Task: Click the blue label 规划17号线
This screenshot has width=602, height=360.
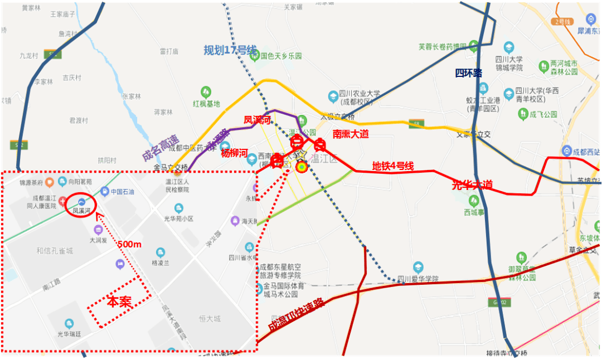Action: [x=230, y=50]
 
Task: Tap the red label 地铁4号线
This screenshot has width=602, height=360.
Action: [x=393, y=166]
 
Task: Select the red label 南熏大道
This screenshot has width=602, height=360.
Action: [x=351, y=134]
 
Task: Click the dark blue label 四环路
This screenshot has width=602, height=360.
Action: [x=468, y=73]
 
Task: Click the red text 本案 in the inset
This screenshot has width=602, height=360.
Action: [x=119, y=302]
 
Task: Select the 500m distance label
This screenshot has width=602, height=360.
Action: [x=129, y=244]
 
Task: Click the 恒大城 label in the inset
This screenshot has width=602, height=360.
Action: [x=210, y=319]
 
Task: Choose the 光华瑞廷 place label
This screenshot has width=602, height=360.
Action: [x=69, y=333]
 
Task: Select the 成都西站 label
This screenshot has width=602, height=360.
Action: [x=583, y=151]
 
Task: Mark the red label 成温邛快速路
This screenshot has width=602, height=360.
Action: [x=296, y=316]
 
